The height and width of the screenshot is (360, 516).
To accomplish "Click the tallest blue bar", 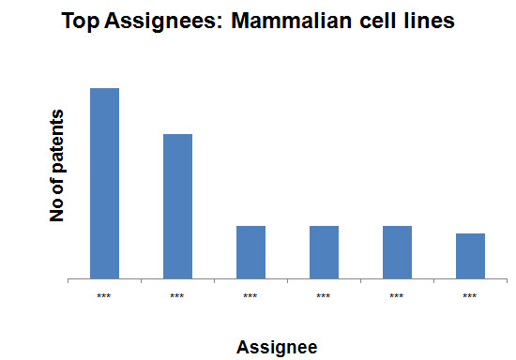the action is [x=105, y=184].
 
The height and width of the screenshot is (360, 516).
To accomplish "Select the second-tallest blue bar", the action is [x=177, y=206].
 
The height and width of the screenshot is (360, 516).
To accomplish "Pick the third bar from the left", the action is [x=250, y=252].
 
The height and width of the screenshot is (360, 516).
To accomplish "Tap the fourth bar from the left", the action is [x=325, y=252].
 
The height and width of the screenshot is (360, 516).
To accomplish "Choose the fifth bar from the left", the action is [x=397, y=252].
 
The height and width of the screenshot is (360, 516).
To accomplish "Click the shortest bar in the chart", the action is [x=470, y=256].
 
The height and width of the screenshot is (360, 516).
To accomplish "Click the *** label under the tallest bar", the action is [x=104, y=296].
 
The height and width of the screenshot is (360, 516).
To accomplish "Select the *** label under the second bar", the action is [x=177, y=296].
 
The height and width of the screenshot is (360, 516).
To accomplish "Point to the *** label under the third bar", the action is [x=250, y=296].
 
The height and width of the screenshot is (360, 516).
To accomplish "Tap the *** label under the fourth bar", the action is [x=324, y=296].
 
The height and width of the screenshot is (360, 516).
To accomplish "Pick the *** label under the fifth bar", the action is [x=397, y=296].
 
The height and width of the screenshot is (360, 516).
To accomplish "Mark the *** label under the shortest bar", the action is [x=470, y=296].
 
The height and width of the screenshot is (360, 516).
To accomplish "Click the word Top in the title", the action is [x=81, y=22].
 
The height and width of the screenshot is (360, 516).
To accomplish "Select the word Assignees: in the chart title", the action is [x=164, y=22].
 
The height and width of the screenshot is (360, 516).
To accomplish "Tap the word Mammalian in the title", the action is [x=292, y=21].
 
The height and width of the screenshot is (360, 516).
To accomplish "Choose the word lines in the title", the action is [x=429, y=21].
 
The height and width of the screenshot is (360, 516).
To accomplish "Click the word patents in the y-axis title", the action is [x=56, y=141].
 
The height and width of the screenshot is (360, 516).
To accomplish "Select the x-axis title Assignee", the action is [x=277, y=348].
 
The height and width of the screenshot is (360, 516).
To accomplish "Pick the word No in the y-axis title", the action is [x=56, y=210].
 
